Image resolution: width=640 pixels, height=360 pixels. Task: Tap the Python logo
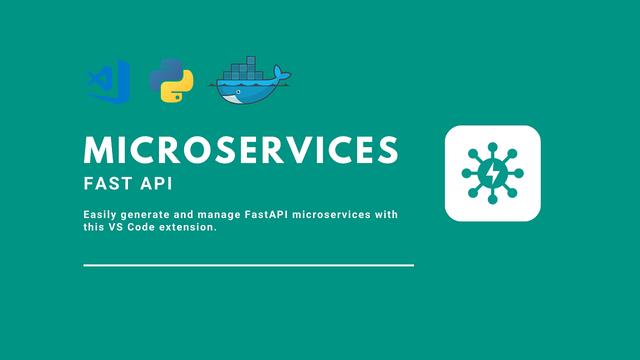(171, 81)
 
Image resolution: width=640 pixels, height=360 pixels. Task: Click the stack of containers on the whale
(242, 70)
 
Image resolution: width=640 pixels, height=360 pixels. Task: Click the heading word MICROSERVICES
(241, 150)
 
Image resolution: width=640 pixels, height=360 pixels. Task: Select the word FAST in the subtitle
(106, 184)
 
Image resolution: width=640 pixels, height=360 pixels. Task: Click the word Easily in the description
(100, 215)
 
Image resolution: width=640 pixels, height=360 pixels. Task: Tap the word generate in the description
(145, 215)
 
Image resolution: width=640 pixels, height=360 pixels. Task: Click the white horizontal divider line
(249, 265)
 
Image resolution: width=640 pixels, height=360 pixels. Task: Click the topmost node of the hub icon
(493, 147)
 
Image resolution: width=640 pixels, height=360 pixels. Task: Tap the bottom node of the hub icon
(493, 199)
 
